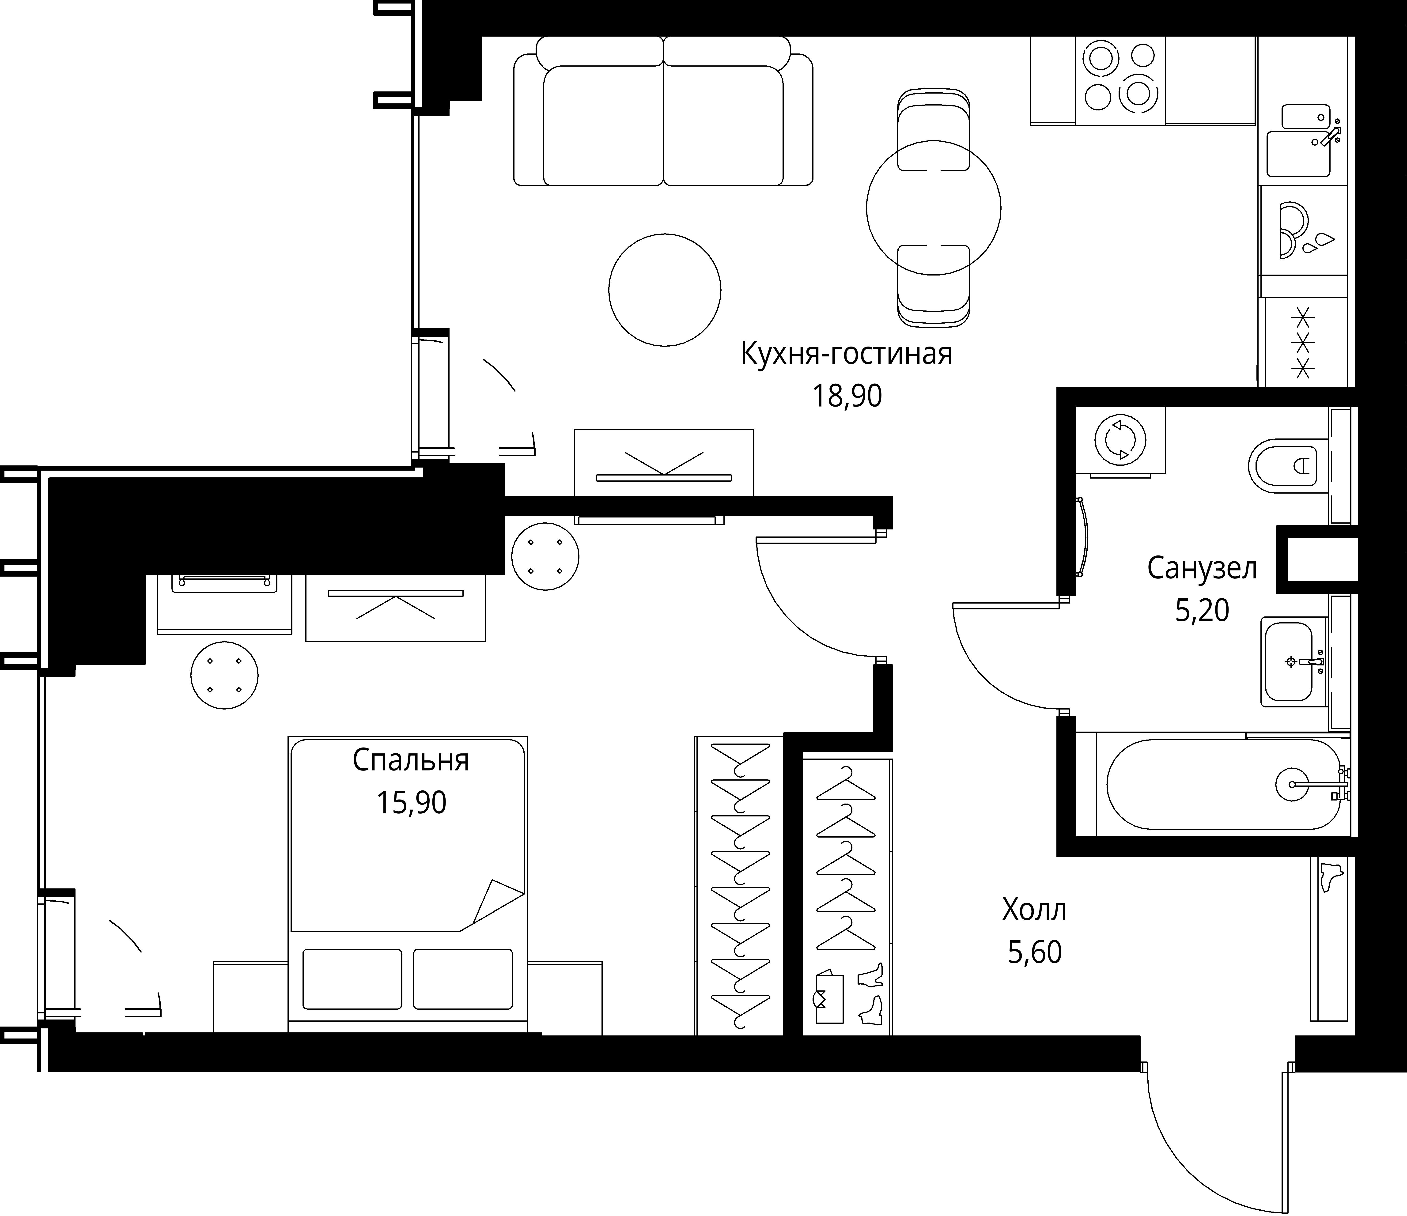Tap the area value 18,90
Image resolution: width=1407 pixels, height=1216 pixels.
(847, 396)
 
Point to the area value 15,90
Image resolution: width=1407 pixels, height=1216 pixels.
(412, 803)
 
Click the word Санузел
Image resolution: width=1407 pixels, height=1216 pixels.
(1202, 568)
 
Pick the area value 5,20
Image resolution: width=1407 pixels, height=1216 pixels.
(1202, 611)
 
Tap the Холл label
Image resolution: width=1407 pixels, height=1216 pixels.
(1034, 910)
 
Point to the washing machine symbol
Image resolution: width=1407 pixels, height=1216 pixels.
(1120, 440)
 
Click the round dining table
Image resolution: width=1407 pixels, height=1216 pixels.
(934, 208)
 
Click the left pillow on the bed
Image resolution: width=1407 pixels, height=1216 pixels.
(352, 978)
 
